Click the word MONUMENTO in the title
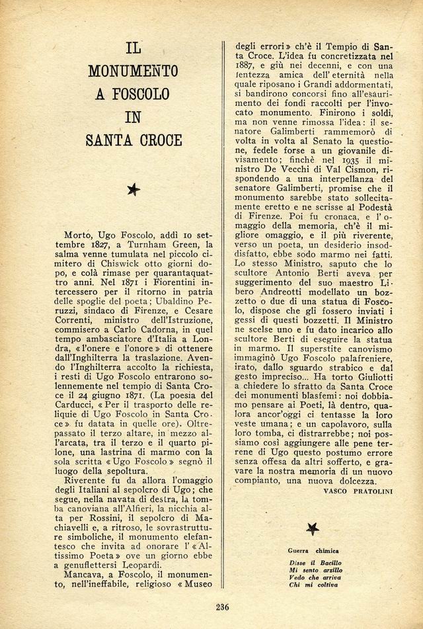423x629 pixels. tap(133, 70)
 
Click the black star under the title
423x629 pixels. tap(134, 190)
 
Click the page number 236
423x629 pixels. tap(223, 608)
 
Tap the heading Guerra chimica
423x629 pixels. tap(312, 550)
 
